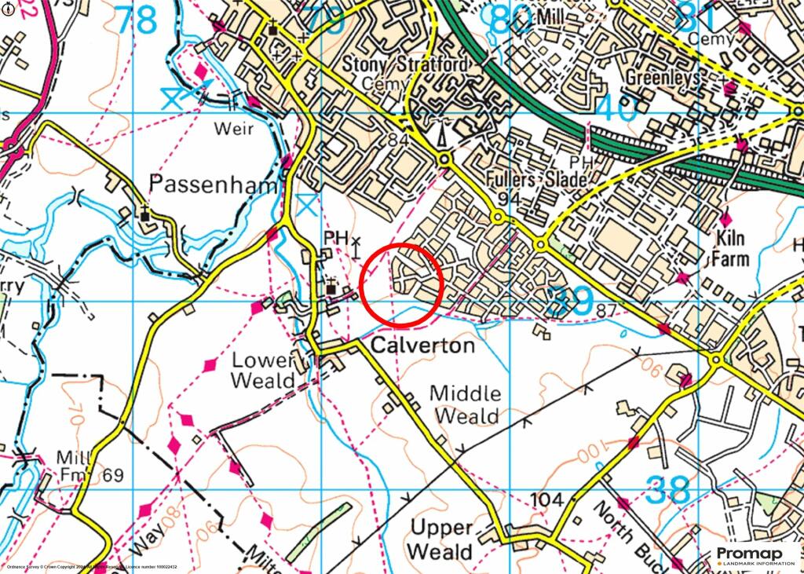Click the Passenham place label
(214, 185)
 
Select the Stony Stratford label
(409, 64)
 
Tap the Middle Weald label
(466, 404)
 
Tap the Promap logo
(753, 557)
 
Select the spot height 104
(547, 500)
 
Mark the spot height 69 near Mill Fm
(113, 474)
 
